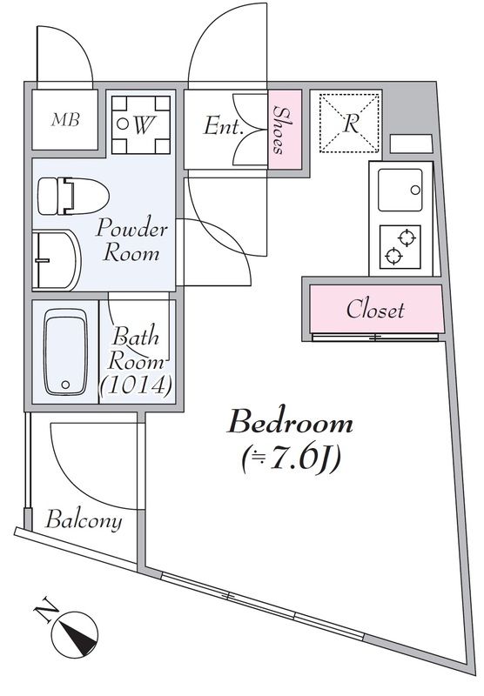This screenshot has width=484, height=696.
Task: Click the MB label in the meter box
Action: (65, 120)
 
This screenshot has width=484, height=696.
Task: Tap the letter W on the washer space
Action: (143, 124)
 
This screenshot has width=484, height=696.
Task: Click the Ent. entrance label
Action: (224, 126)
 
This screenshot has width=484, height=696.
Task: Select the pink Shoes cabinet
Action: (285, 129)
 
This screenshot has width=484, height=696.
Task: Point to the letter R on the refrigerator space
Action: (351, 124)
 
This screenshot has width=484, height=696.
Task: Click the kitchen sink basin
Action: (400, 190)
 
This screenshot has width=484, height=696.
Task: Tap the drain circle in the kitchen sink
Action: (415, 190)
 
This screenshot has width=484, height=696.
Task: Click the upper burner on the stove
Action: (407, 238)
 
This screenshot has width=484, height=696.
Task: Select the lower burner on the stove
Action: (393, 257)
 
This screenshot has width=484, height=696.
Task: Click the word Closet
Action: (375, 309)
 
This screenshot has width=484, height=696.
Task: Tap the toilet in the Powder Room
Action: (73, 197)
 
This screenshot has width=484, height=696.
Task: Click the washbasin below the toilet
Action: (57, 259)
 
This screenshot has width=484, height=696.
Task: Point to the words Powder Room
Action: (131, 240)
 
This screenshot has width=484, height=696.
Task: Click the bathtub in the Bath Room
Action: (65, 352)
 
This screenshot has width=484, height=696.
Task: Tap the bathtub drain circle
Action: (65, 385)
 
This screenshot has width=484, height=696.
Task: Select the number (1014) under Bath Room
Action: (136, 385)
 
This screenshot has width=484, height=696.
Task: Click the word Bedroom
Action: (290, 422)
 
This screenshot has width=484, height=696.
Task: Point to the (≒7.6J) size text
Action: (292, 460)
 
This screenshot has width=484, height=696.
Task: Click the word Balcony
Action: (84, 519)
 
